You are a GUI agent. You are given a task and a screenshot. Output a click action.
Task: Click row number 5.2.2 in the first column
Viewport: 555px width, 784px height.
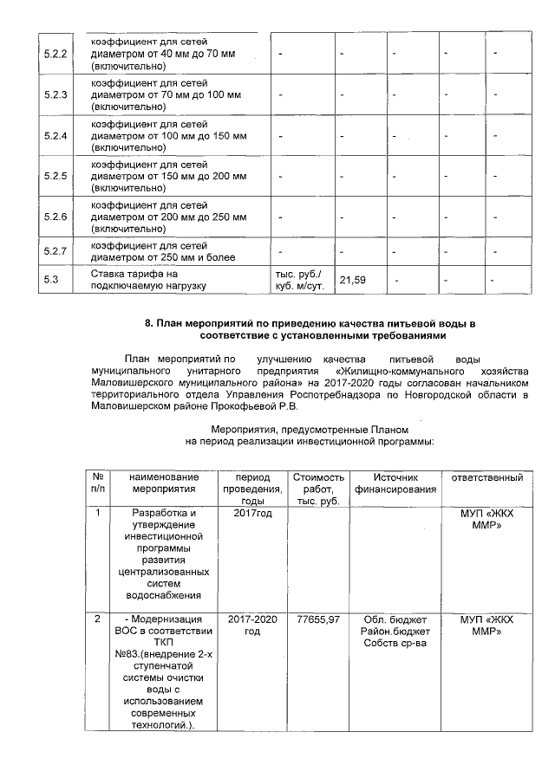55,55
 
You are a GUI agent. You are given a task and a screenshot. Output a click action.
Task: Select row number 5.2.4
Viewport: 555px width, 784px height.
55,136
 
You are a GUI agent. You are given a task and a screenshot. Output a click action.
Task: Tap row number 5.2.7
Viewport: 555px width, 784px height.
55,251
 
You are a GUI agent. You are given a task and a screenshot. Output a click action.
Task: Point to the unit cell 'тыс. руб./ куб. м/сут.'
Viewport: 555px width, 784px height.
298,280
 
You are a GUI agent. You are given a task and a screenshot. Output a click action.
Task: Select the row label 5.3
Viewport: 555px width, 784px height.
50,280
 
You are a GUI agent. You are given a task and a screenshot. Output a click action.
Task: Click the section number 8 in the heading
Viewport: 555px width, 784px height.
148,323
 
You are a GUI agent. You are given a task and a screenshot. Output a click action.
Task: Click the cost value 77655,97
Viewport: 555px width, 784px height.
318,619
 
